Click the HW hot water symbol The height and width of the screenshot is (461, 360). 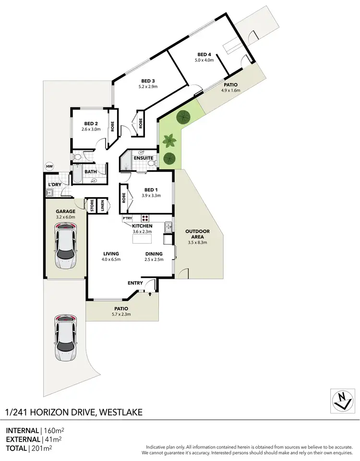click(49, 166)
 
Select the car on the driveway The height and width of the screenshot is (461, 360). click(66, 338)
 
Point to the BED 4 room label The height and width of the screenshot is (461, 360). click(204, 54)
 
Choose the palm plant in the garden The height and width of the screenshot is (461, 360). click(168, 141)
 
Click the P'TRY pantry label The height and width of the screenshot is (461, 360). click(128, 218)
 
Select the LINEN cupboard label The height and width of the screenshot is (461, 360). click(102, 206)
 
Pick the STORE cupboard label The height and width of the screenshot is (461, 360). click(91, 206)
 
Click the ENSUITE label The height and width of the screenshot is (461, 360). click(144, 158)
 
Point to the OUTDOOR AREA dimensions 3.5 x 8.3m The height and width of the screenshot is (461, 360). click(197, 243)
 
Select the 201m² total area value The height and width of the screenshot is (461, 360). click(41, 449)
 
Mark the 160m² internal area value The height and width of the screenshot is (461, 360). click(56, 430)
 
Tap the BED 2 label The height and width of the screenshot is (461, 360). click(91, 123)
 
